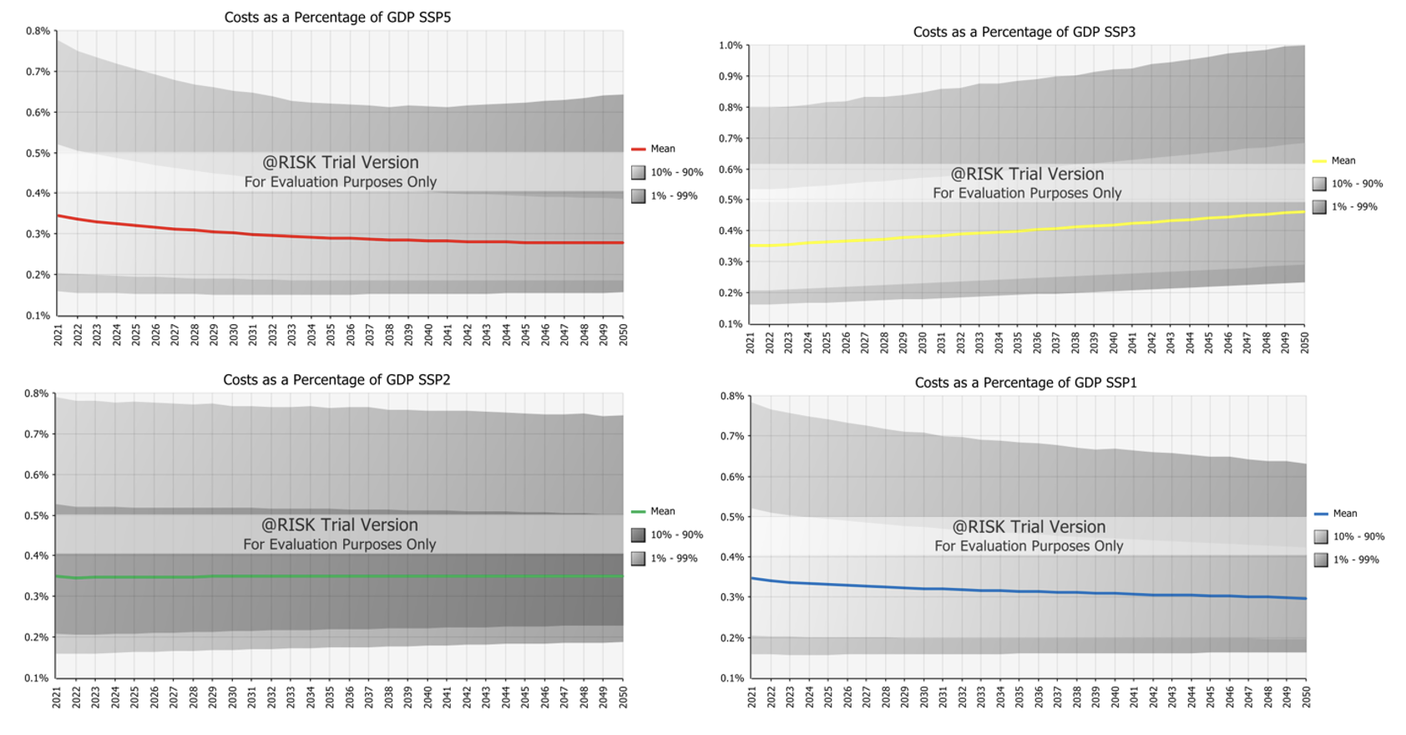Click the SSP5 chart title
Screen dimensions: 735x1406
(337, 18)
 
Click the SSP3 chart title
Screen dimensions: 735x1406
(1024, 33)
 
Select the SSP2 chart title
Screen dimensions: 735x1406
(336, 380)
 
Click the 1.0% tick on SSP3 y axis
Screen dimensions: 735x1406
(730, 46)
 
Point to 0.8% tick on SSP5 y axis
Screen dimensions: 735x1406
(38, 31)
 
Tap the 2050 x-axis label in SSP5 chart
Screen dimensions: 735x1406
(623, 335)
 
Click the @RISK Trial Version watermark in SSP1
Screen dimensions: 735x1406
(1029, 527)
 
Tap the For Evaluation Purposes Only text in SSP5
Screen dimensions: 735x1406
(340, 182)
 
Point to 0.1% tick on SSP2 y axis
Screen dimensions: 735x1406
(38, 677)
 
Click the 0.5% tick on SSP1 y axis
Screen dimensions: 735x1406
(731, 517)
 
